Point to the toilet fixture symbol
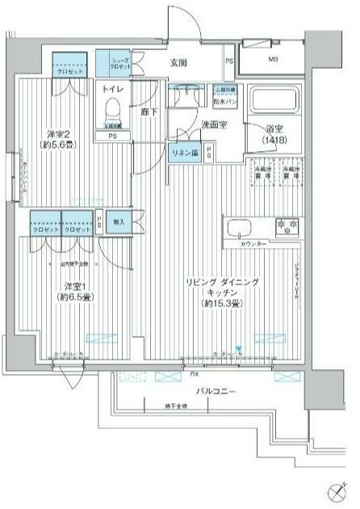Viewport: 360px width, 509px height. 114,107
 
